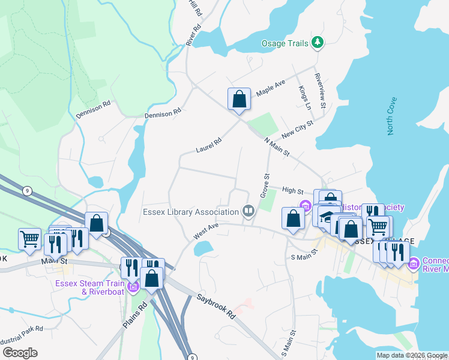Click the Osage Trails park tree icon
318,43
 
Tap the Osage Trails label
285,43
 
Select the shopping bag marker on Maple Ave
239,99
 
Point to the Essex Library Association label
191,212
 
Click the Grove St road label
264,185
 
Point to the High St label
292,191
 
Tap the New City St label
297,130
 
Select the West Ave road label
206,232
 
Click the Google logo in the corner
20,353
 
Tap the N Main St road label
277,147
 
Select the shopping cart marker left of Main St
30,239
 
